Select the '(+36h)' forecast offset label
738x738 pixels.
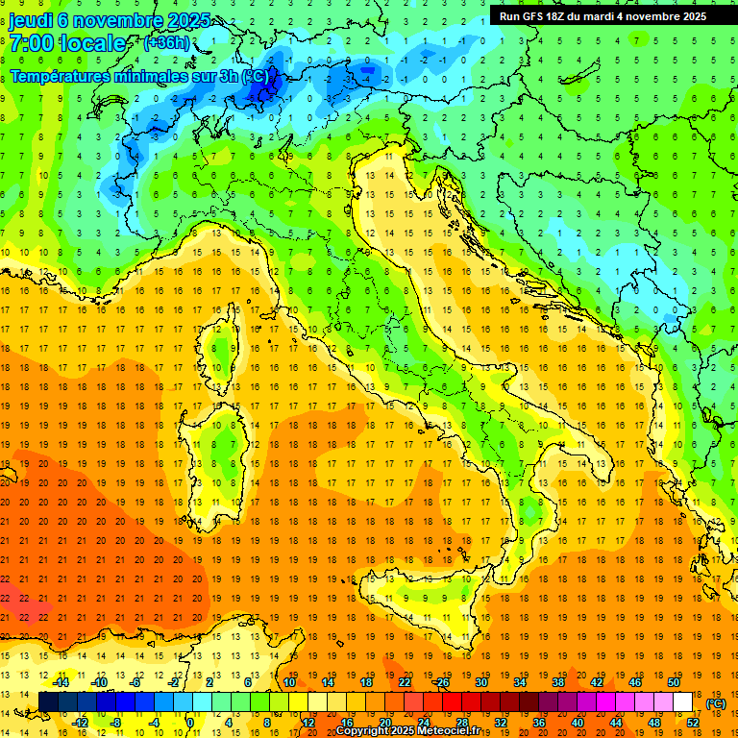pos(165,43)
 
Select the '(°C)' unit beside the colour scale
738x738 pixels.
pos(716,704)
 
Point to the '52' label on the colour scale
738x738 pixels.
pos(692,723)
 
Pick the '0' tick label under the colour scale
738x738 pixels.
pos(190,723)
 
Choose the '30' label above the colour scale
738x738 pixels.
pos(481,683)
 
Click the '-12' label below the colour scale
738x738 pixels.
pos(80,723)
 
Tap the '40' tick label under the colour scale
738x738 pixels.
pos(577,723)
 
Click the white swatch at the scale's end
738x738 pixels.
pos(683,702)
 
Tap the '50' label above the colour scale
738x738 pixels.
pos(673,683)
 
